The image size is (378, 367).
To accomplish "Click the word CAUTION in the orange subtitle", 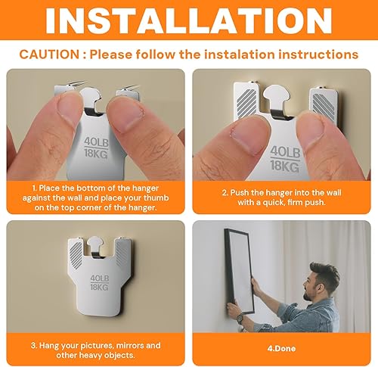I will (50, 54).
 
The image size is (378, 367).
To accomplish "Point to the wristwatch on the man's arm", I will (240, 319).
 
